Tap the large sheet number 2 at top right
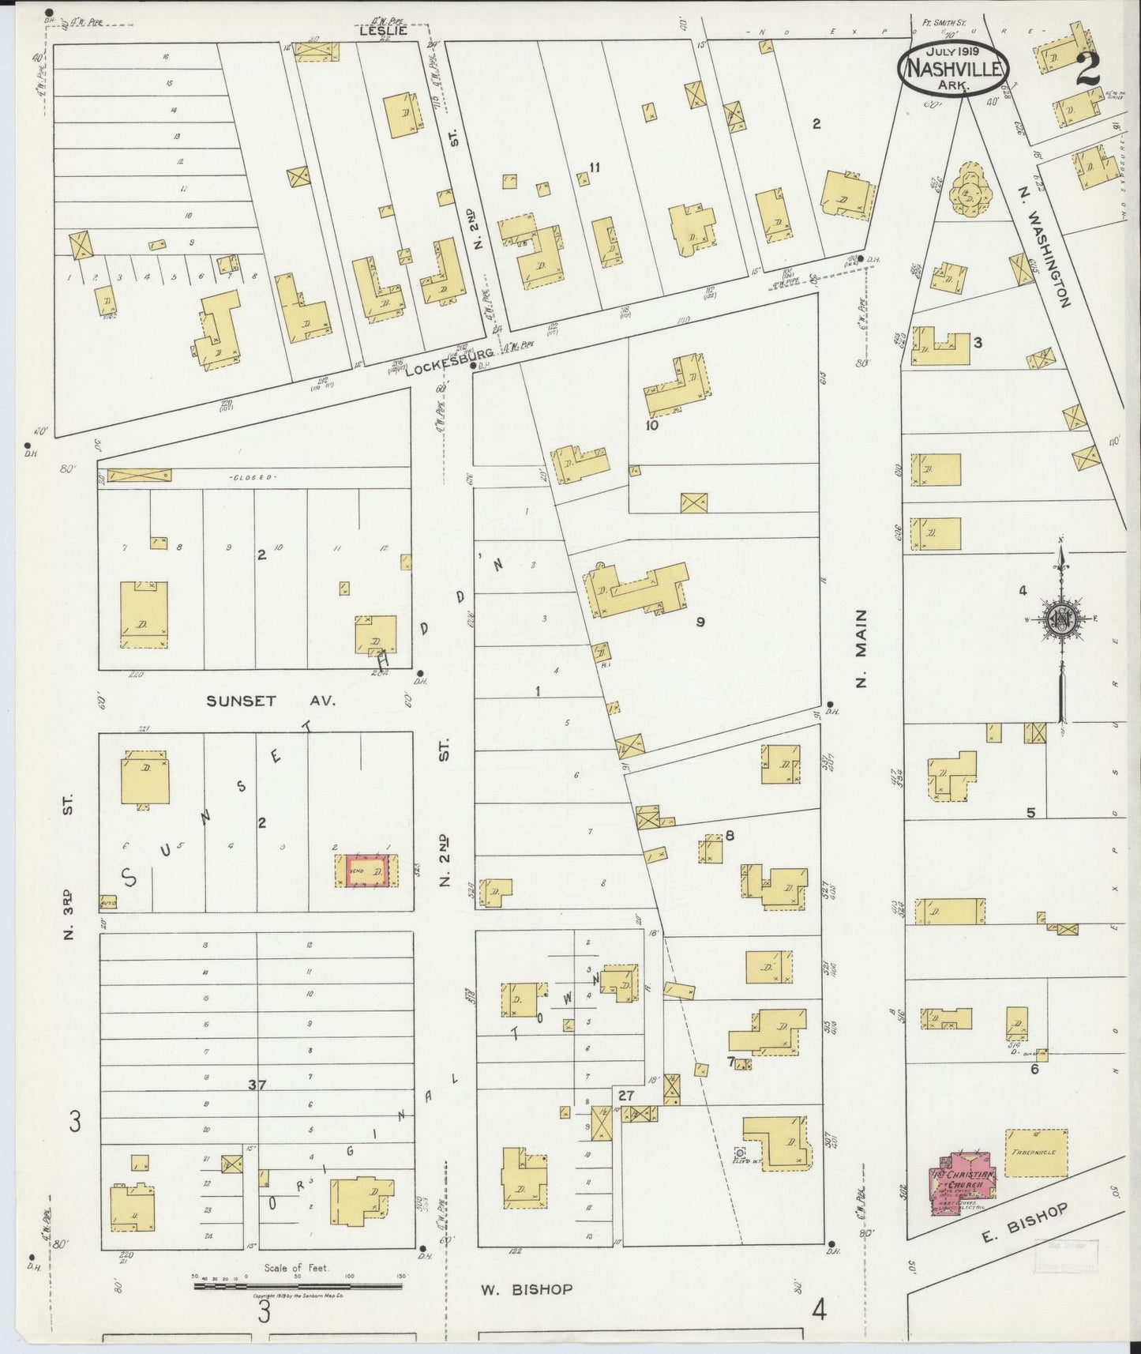(1087, 70)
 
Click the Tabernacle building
(1036, 1153)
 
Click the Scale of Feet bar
(298, 1286)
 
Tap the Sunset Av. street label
(271, 701)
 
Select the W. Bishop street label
(527, 1289)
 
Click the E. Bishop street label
(1025, 1223)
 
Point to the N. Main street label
(861, 648)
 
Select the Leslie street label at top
(383, 31)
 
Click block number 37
(257, 1085)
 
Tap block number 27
(625, 1096)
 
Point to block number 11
(595, 167)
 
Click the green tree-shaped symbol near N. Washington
(968, 190)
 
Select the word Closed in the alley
(251, 478)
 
